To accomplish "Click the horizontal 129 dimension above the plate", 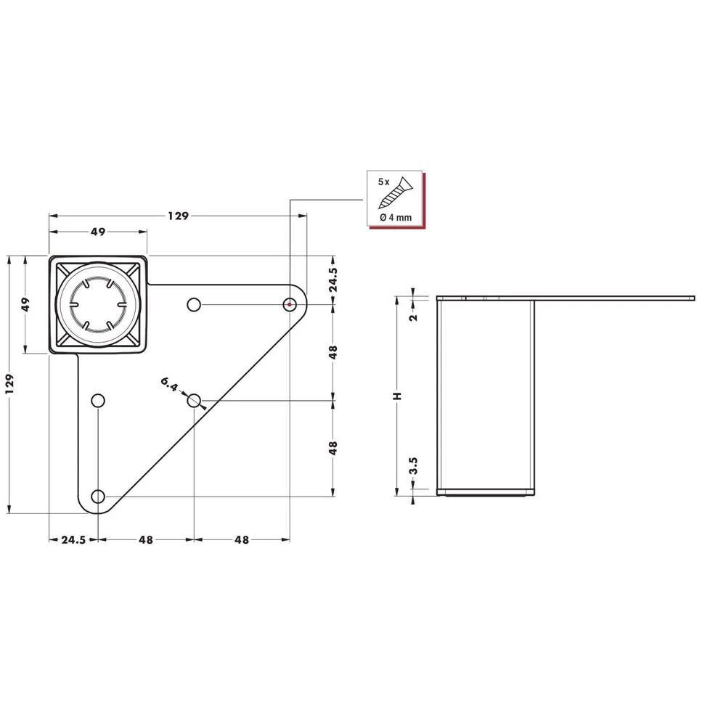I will pyautogui.click(x=178, y=216).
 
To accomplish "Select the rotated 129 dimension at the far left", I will pyautogui.click(x=9, y=383).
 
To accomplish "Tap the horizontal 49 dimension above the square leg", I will pyautogui.click(x=98, y=232).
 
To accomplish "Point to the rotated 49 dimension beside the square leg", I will pyautogui.click(x=25, y=304).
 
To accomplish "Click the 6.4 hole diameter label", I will pyautogui.click(x=168, y=386).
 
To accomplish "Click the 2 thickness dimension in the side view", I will pyautogui.click(x=412, y=317).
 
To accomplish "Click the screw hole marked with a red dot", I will pyautogui.click(x=290, y=305).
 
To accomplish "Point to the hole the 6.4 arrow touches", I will pyautogui.click(x=194, y=401).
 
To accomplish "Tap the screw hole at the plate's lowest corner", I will pyautogui.click(x=98, y=497).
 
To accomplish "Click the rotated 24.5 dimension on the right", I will pyautogui.click(x=333, y=280).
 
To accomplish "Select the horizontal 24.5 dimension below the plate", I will pyautogui.click(x=73, y=539).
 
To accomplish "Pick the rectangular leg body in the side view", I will pyautogui.click(x=486, y=396).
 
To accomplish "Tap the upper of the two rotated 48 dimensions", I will pyautogui.click(x=333, y=352).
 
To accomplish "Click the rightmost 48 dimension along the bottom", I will pyautogui.click(x=242, y=539).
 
